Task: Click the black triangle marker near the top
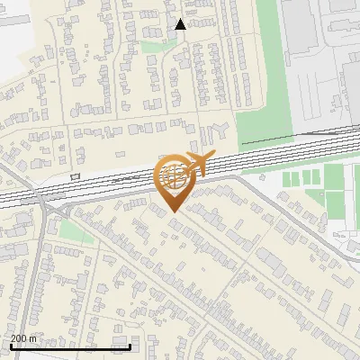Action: (180, 24)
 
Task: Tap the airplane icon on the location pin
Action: (200, 165)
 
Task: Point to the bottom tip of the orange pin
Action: (172, 211)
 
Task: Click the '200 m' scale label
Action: (24, 338)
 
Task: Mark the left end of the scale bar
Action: (10, 346)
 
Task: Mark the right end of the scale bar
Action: (130, 346)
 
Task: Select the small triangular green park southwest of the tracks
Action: (76, 232)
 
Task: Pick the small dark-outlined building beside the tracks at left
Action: (75, 176)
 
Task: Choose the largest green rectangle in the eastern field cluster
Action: (335, 206)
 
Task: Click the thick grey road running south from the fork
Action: (36, 270)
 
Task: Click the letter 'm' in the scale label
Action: (33, 338)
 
